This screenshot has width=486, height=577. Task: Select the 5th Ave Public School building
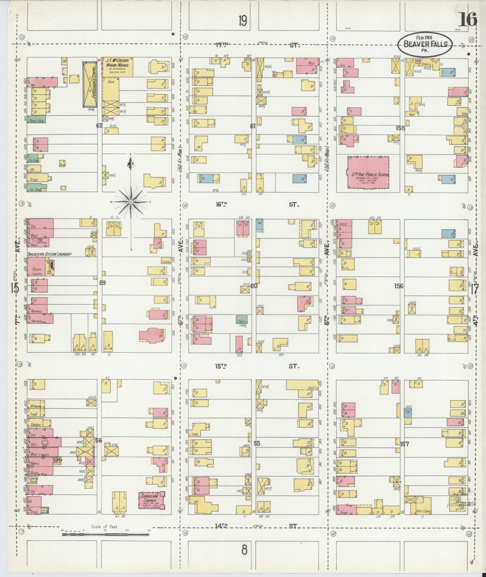(368, 172)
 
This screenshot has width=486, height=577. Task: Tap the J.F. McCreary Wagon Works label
(117, 63)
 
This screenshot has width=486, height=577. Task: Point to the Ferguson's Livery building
(90, 85)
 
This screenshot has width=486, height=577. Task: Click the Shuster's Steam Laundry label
(50, 254)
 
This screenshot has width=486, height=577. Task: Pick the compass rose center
(131, 202)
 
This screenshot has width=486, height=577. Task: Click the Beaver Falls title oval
(425, 44)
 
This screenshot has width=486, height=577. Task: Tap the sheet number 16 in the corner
(468, 20)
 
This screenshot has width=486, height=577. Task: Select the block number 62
(99, 125)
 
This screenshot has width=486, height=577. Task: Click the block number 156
(399, 286)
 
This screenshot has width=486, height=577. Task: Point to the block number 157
(405, 444)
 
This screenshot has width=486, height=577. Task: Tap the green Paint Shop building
(36, 120)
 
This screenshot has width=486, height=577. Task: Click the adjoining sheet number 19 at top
(243, 21)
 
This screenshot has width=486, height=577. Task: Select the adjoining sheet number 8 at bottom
(244, 550)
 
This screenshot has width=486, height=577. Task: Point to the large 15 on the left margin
(14, 288)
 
